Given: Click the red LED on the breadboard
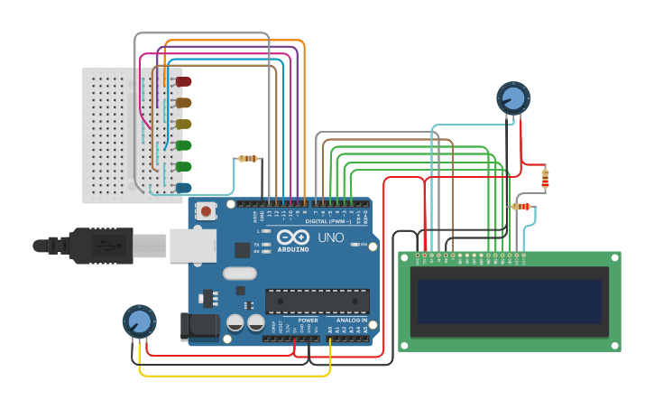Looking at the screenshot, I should click(183, 82).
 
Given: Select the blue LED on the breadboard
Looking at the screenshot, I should click(183, 188).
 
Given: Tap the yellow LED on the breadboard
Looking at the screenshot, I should click(183, 124).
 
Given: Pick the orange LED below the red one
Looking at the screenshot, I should click(183, 103).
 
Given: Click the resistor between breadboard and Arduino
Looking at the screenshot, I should click(247, 159).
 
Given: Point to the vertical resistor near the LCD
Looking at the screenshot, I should click(545, 179).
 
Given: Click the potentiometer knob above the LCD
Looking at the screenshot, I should click(512, 98).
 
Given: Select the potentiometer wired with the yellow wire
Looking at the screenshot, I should click(139, 321).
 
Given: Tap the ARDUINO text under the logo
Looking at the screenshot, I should click(292, 249).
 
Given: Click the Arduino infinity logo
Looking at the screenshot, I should click(292, 236).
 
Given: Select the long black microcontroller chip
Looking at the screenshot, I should click(317, 301).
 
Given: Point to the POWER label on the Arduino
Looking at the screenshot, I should click(308, 321).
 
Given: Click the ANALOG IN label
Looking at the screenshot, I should click(352, 321).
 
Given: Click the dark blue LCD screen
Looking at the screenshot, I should click(510, 301).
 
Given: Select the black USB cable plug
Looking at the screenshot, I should click(99, 245).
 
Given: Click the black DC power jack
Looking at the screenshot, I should click(199, 325).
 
